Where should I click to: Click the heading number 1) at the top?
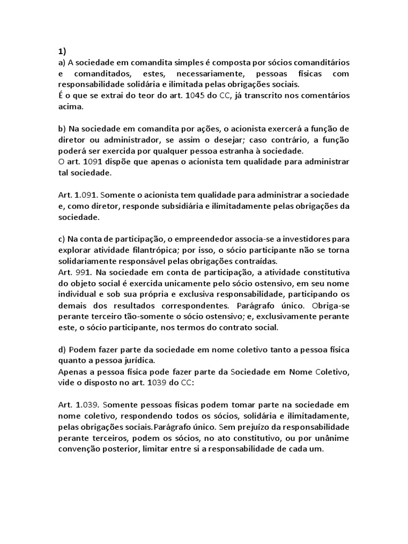point(62,52)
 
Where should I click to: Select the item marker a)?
point(62,63)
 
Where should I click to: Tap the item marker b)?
point(62,130)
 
